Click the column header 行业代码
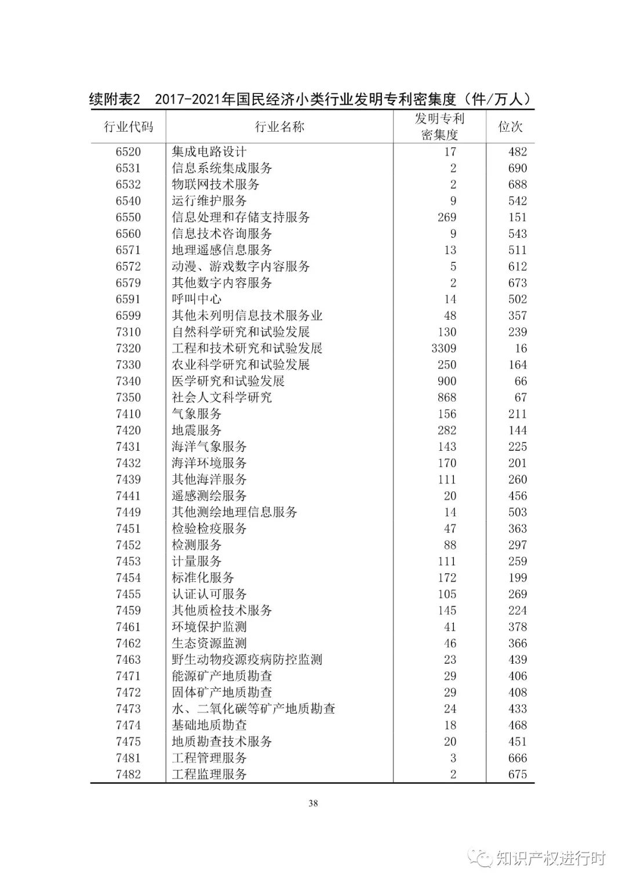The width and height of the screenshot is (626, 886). [128, 126]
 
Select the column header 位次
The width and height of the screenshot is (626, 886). [510, 126]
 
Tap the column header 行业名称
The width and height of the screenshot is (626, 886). [279, 126]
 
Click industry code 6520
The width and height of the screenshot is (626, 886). [128, 152]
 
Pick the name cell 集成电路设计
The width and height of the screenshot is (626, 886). [209, 152]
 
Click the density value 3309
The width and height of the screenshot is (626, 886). [444, 349]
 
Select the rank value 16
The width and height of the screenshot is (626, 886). [521, 349]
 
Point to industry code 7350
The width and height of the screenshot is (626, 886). [128, 397]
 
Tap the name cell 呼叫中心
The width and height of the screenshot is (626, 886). [196, 299]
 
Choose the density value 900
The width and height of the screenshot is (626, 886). [447, 381]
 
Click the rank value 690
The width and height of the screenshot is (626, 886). [517, 168]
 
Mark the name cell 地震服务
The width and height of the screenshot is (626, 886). [196, 431]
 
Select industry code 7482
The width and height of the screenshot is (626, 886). [128, 774]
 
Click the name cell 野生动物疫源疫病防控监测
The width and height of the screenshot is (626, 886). [247, 660]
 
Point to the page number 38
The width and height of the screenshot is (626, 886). [313, 804]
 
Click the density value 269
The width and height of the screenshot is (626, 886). [447, 218]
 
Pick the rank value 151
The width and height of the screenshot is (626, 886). [517, 218]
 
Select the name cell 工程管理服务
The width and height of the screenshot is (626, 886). [209, 758]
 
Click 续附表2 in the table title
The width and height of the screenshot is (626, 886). [115, 99]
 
